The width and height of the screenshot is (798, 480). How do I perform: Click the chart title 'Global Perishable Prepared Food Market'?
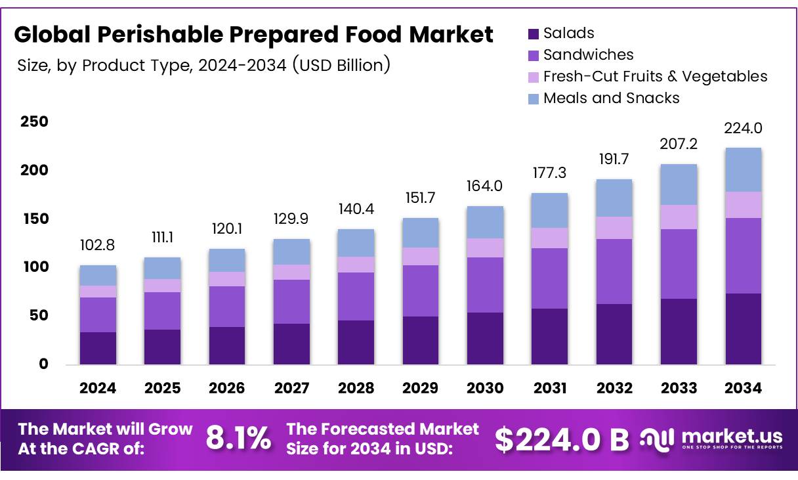coord(253,35)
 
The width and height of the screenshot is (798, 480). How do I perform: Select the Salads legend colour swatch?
coord(533,33)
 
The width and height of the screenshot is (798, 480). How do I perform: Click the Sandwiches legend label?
coord(589,55)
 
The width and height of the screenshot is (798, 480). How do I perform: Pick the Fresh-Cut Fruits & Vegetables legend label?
coord(655,76)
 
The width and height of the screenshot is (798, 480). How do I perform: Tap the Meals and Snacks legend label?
coord(611,98)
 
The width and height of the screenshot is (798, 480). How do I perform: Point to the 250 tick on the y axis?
coord(34,121)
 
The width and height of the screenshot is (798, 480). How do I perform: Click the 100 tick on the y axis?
coord(34,267)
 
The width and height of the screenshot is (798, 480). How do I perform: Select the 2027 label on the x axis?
coord(291,388)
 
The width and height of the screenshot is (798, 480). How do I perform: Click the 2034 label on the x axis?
coord(743,388)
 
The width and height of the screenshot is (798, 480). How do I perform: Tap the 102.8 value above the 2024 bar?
coord(98,245)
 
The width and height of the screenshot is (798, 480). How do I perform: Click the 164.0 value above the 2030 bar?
coord(485,186)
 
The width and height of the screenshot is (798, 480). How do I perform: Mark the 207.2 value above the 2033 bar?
coord(679,144)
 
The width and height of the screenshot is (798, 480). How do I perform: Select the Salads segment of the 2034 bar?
coord(743,328)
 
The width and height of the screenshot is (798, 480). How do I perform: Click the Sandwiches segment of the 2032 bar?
coord(614,271)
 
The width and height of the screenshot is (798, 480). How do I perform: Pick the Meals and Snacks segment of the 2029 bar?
coord(420,232)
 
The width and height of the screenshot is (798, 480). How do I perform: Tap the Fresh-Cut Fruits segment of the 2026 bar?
coord(226,279)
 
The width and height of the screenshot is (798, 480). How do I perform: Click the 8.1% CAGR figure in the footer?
coord(238,439)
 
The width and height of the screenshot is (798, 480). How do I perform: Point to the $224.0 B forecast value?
coord(562,439)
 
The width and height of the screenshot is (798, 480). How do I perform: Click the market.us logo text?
coord(732,435)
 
